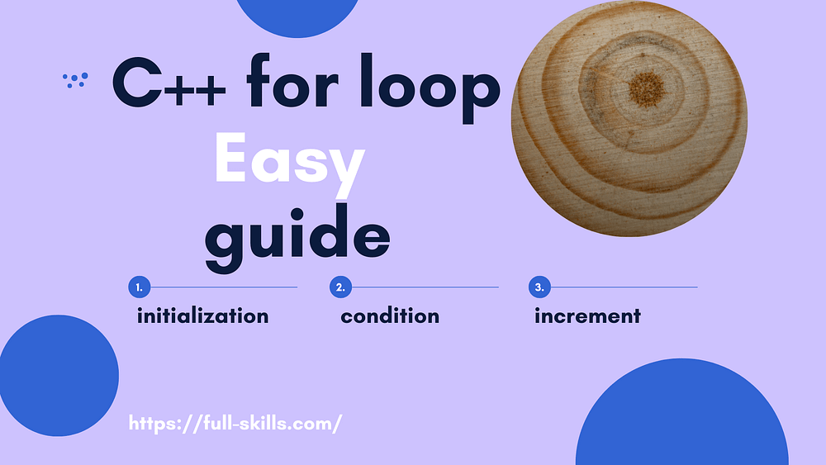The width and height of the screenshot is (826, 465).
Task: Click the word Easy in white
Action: (289, 162)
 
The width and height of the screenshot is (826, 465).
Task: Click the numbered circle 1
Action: (139, 287)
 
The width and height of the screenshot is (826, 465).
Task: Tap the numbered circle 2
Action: (340, 287)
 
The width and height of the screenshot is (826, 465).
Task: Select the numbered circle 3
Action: (539, 287)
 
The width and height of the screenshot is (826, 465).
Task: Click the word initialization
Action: (202, 316)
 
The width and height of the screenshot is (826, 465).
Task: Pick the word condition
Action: (390, 316)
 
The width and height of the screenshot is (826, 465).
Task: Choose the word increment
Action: (587, 316)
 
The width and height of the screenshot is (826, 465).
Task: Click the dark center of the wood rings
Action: (645, 85)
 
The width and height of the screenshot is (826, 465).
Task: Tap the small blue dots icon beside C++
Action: (75, 79)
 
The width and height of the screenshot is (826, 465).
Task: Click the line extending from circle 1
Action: (223, 287)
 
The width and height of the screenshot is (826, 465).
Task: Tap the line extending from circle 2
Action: (425, 287)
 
